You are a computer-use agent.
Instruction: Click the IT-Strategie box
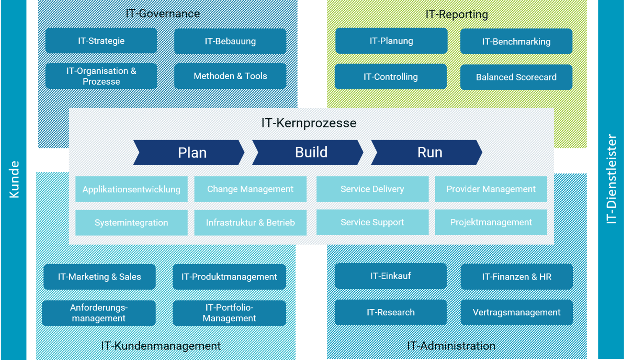(x=101, y=41)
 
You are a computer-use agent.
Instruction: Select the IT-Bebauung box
(x=230, y=41)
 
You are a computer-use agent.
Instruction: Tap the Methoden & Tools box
(x=230, y=76)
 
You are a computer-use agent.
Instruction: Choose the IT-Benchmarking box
(x=516, y=41)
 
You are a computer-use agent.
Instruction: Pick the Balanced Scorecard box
(x=516, y=77)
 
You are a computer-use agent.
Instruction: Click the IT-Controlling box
(x=390, y=77)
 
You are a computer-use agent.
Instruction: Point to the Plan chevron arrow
(x=189, y=153)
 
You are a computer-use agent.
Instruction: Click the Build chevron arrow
(x=308, y=153)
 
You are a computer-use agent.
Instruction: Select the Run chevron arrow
(x=427, y=153)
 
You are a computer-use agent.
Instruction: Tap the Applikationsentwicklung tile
(x=131, y=189)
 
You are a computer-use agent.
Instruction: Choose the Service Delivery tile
(x=372, y=189)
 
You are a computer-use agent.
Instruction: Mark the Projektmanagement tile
(x=491, y=222)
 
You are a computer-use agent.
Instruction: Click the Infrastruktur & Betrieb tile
(x=250, y=223)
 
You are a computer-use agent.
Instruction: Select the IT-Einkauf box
(x=390, y=276)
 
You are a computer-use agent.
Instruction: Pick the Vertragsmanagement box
(x=517, y=312)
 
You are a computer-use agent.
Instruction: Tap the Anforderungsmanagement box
(x=99, y=313)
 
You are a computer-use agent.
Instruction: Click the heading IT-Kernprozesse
(x=309, y=123)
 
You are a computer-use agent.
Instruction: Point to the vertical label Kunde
(x=14, y=179)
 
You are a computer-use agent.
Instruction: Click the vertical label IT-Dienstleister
(x=611, y=179)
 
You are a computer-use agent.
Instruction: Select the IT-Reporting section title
(x=457, y=14)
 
